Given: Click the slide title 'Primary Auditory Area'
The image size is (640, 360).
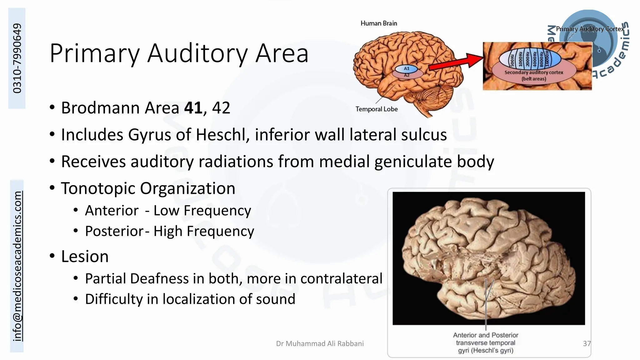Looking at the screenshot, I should tap(179, 53).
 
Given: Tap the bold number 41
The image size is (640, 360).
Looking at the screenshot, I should tap(193, 108).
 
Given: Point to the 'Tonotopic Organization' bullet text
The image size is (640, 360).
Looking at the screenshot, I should tap(148, 188).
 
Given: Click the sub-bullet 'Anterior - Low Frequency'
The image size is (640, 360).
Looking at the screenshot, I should tap(168, 211).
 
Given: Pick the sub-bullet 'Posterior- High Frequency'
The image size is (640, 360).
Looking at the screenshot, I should tap(169, 232).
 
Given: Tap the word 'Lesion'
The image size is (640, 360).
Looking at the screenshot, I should tap(85, 257).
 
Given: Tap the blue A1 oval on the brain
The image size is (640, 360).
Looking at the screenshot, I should tap(406, 68).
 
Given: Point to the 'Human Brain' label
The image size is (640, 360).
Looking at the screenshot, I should tap(379, 23).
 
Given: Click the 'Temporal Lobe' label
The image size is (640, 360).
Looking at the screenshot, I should tap(377, 109).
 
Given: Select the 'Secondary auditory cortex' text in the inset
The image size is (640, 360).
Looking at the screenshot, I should tap(534, 72).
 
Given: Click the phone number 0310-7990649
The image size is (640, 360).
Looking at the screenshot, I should tap(17, 58).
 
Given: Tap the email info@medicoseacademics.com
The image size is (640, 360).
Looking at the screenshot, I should tap(17, 266).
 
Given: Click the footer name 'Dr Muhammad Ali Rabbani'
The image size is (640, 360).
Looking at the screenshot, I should tap(320, 344).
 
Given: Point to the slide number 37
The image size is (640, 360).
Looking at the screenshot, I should tap(587, 344).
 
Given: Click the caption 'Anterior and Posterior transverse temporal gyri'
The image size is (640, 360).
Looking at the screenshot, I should tap(486, 343).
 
